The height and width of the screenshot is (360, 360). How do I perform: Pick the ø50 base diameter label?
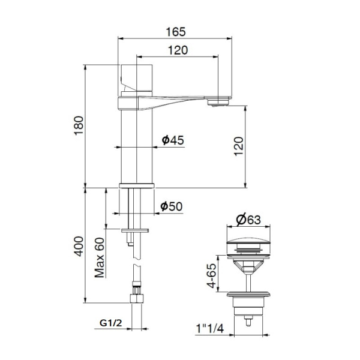pyautogui.click(x=172, y=206)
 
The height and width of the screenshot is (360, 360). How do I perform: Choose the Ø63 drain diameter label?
pyautogui.click(x=247, y=220)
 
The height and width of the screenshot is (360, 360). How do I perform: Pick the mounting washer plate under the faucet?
pyautogui.click(x=136, y=230)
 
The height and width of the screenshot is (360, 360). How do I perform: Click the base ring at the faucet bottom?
pyautogui.click(x=137, y=185)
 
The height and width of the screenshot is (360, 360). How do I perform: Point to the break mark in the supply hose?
pyautogui.click(x=137, y=266)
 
